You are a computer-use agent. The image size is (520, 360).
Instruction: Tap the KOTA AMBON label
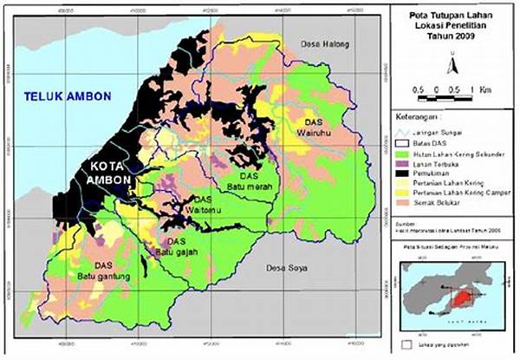(x=107, y=172)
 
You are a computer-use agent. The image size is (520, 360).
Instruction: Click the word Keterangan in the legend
(x=415, y=114)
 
